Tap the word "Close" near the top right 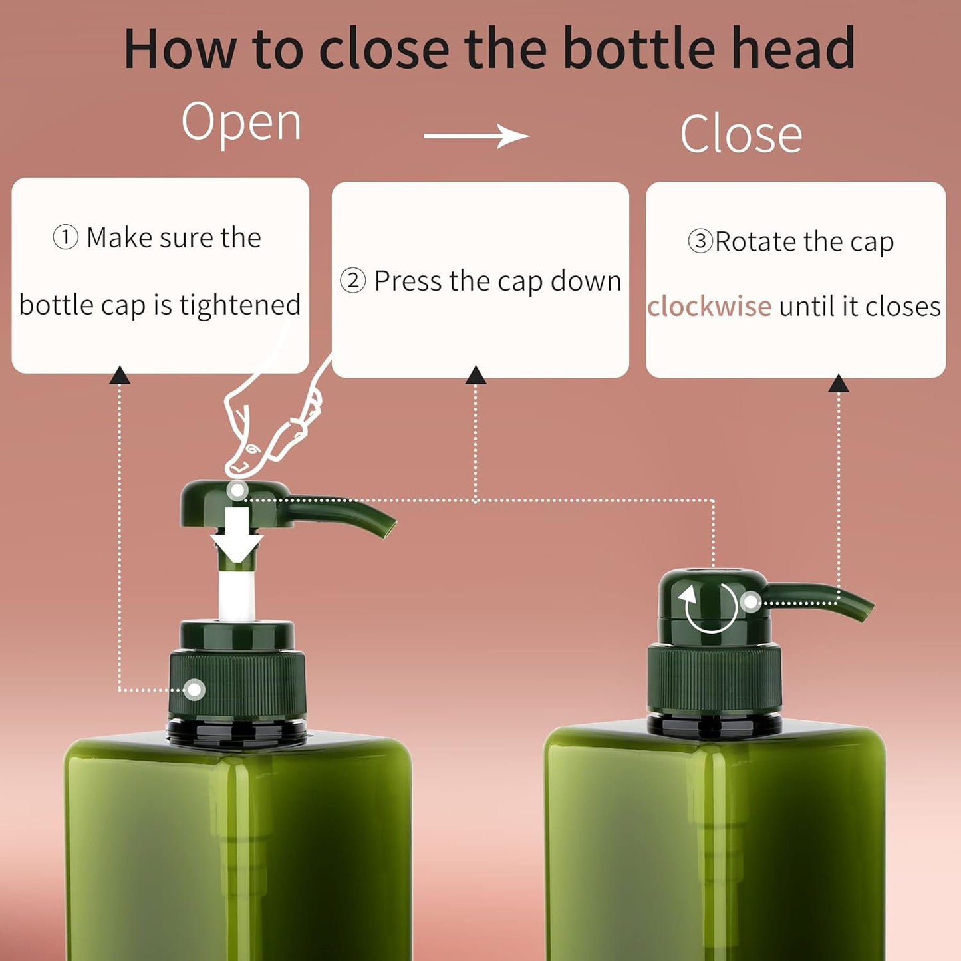[x=741, y=134]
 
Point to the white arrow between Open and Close [x=476, y=136]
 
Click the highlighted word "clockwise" [x=709, y=307]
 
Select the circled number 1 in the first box [x=65, y=237]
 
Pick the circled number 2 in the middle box [x=352, y=281]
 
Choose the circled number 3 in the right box [x=700, y=241]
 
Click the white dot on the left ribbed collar [x=194, y=690]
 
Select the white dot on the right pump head [x=750, y=603]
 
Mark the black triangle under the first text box [x=120, y=376]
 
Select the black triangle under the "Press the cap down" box [x=476, y=376]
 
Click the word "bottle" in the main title [x=641, y=49]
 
